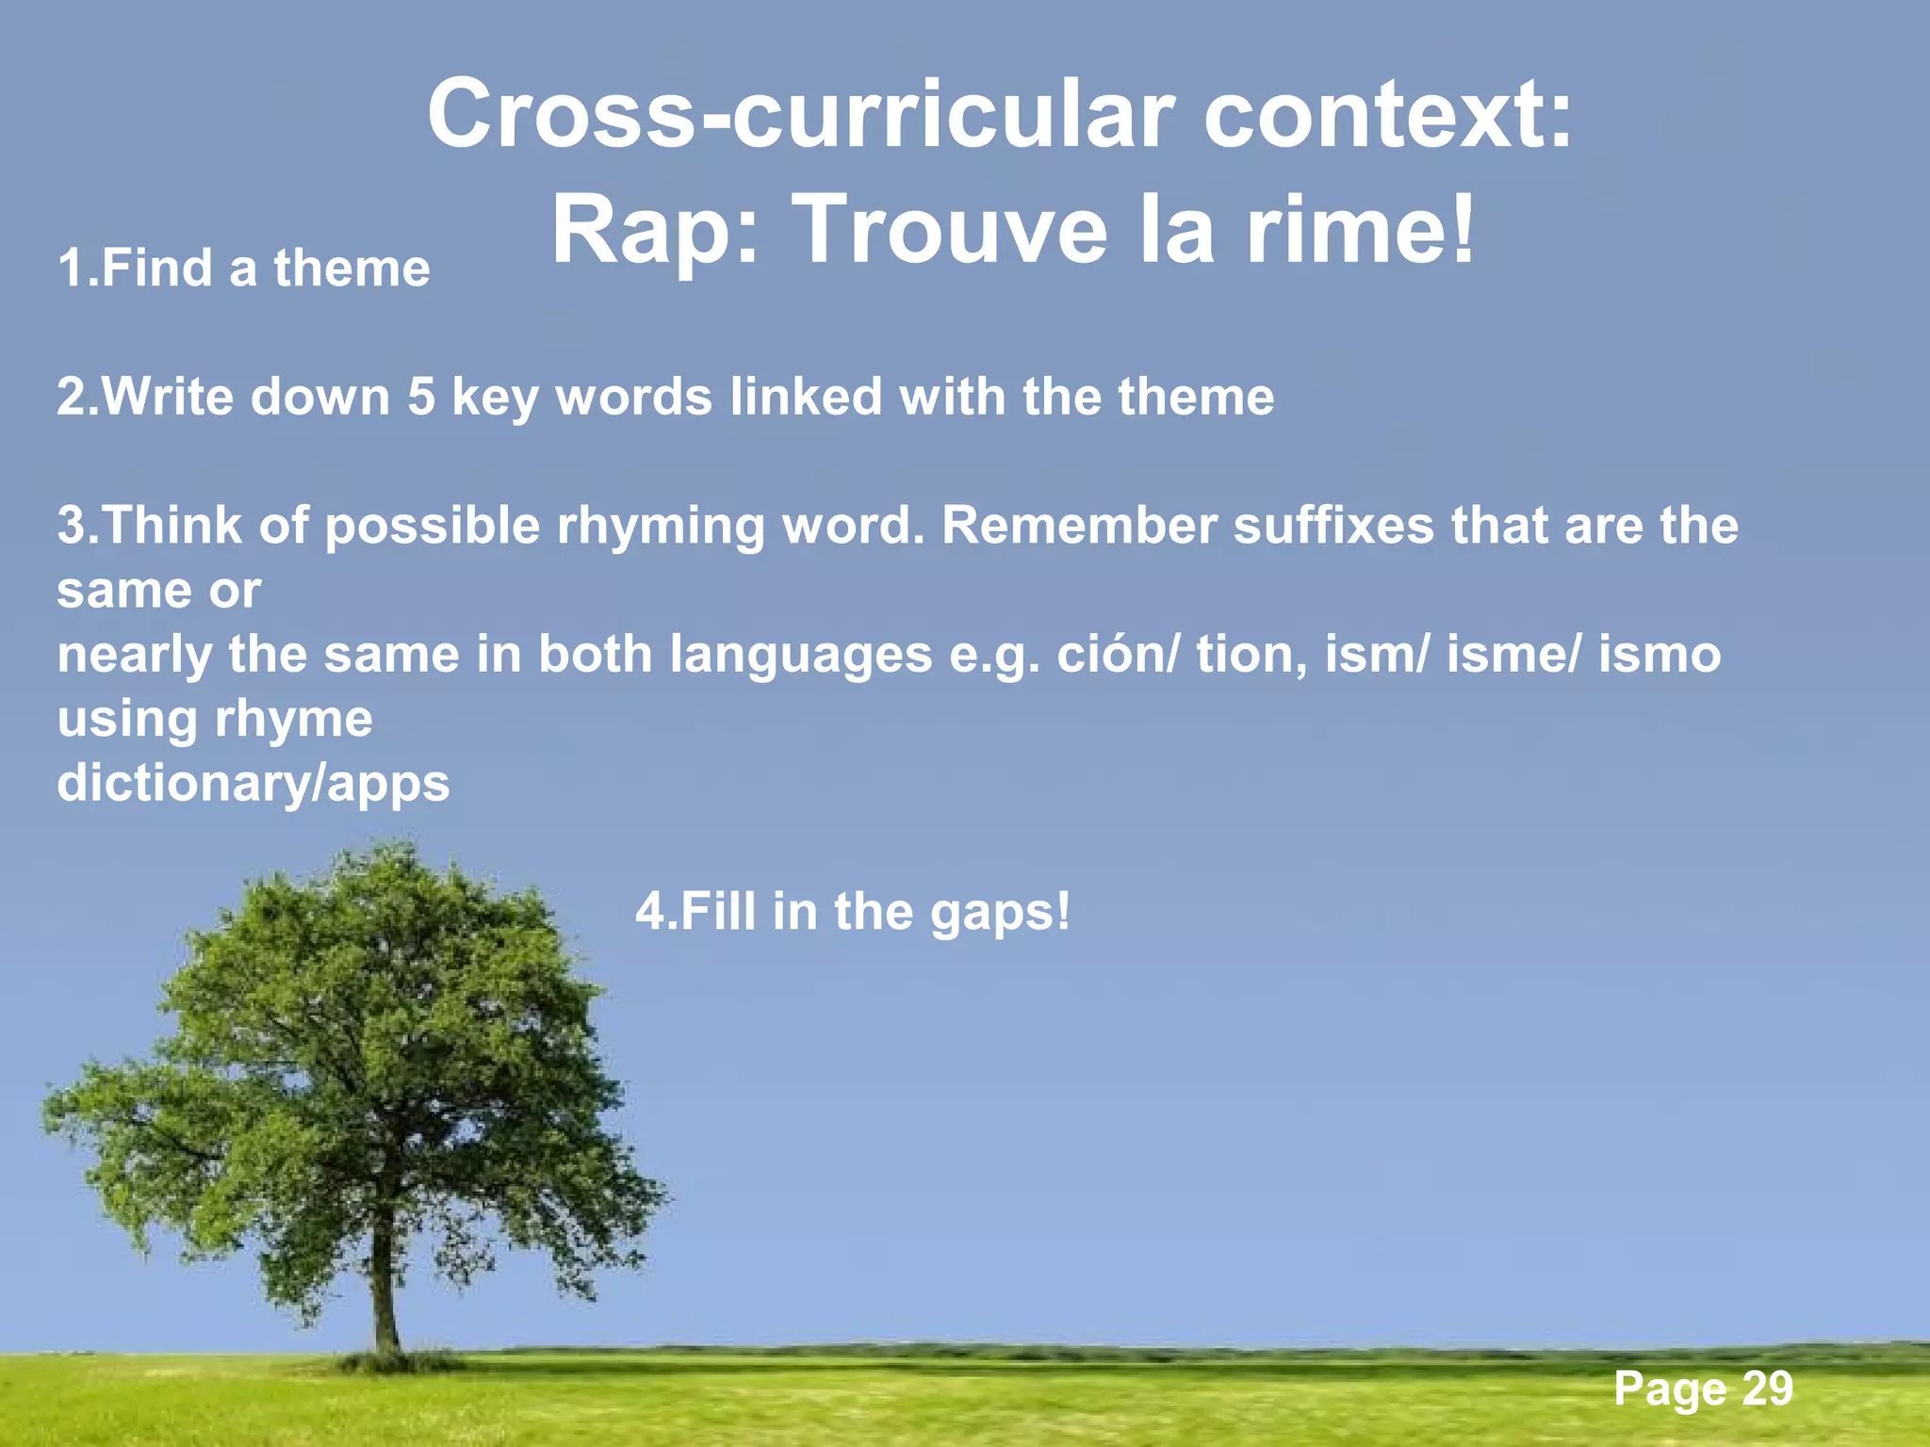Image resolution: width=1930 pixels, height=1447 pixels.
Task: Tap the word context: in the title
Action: (1388, 115)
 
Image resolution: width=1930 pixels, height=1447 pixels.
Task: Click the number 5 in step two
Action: (421, 397)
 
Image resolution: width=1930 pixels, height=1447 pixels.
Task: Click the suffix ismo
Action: (1660, 654)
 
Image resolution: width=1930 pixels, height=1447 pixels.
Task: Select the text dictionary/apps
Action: (254, 784)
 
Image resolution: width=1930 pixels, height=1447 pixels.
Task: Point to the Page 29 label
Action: (1702, 1389)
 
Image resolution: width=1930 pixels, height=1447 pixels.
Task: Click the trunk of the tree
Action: (384, 1291)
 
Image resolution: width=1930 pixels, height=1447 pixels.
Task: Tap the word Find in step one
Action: (157, 268)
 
